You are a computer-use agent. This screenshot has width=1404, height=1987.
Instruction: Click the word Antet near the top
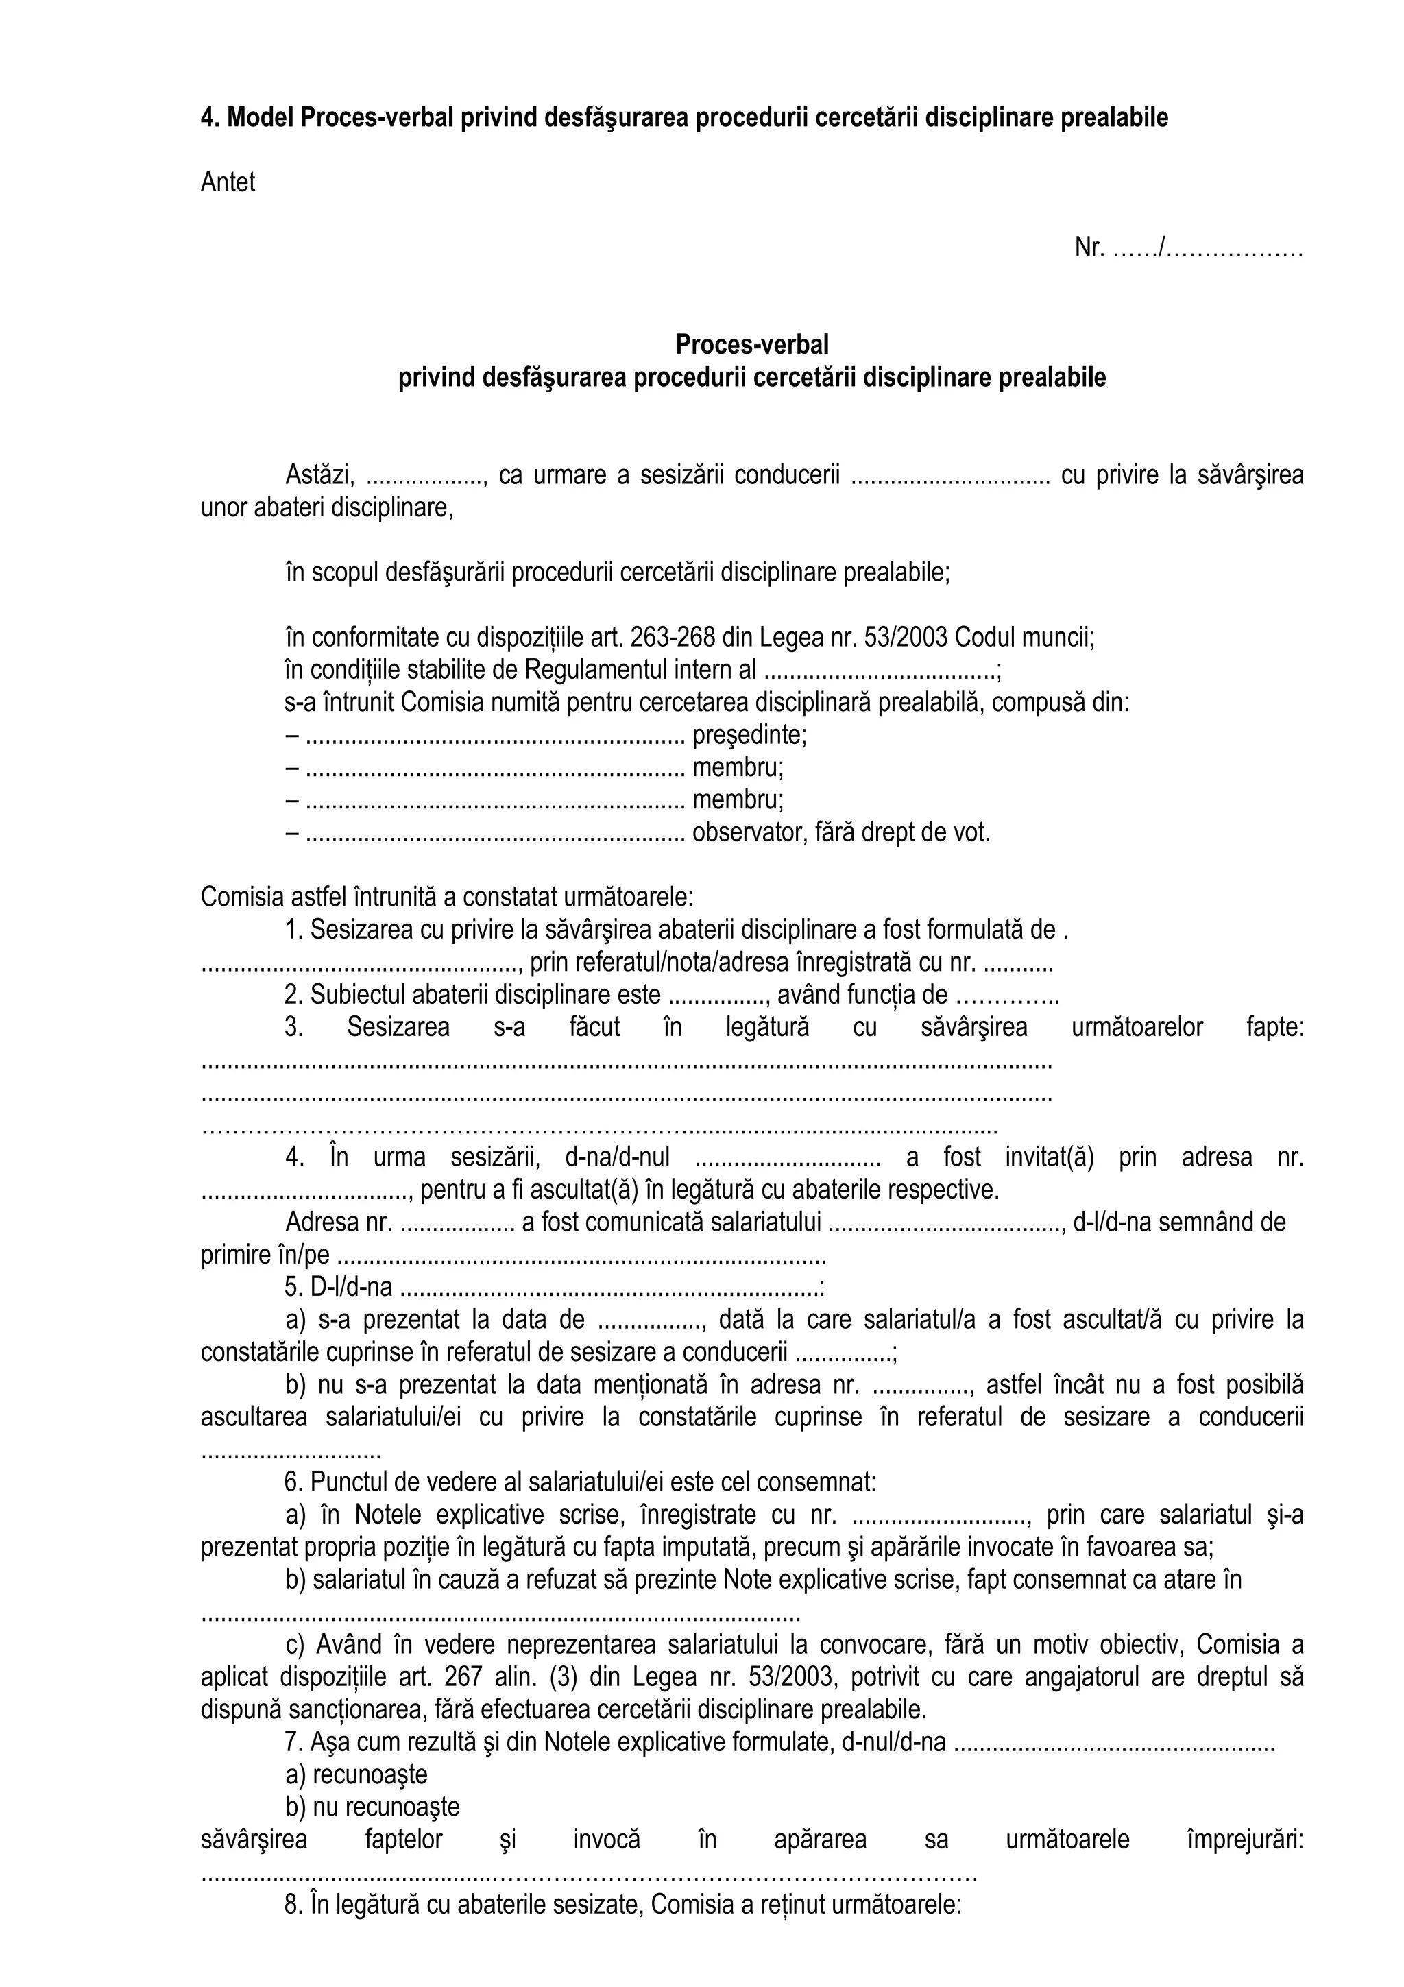tap(228, 182)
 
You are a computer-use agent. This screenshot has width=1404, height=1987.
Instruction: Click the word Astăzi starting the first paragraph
tap(319, 475)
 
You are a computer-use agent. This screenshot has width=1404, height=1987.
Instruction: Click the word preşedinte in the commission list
tap(749, 735)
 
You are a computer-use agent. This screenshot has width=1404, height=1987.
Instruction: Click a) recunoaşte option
tap(356, 1775)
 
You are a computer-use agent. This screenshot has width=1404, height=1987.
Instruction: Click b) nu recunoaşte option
tap(372, 1807)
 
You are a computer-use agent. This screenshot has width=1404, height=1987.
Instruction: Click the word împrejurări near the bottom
tap(1246, 1840)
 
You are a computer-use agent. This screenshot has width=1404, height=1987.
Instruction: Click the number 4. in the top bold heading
tap(208, 118)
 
